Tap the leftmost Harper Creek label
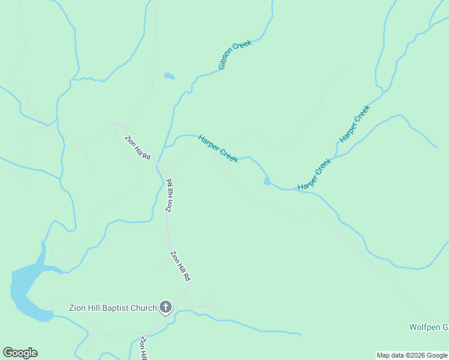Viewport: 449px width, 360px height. point(218,148)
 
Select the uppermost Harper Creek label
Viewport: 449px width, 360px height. point(355,124)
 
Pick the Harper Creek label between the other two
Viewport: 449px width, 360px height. point(315,175)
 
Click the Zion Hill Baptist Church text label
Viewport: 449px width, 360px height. point(112,308)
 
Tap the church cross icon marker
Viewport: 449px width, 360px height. point(166,308)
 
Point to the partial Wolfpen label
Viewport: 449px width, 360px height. point(429,327)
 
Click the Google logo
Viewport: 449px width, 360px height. point(20,353)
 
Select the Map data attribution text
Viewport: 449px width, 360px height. point(412,355)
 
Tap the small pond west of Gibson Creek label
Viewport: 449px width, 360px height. point(169,76)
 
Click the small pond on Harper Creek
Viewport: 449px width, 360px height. point(267,181)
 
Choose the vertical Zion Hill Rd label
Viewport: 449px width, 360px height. point(169,196)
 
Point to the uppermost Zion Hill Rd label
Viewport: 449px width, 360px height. point(137,148)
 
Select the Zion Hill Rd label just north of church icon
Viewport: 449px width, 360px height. point(180,266)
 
